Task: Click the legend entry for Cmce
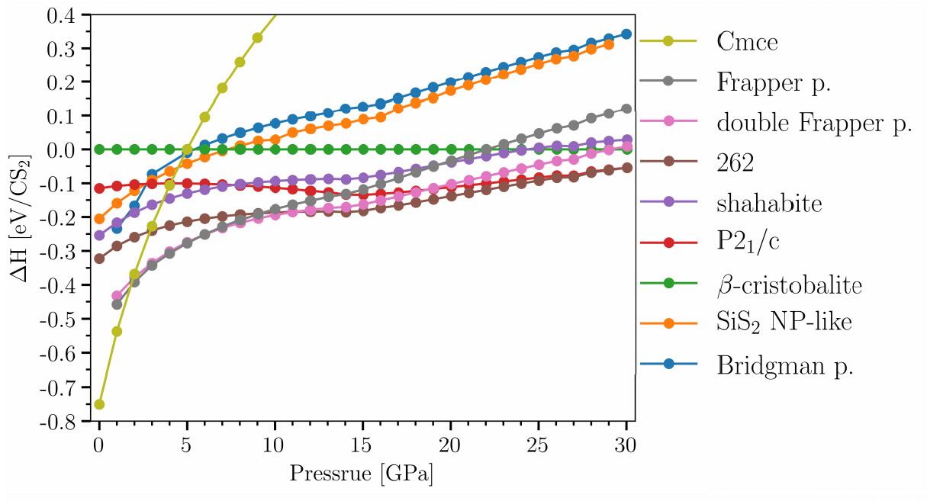(747, 42)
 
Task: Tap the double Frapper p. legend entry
(814, 124)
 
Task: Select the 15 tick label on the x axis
(363, 442)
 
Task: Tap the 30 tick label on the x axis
(626, 442)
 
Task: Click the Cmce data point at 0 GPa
(99, 404)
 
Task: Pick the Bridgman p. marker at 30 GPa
(627, 34)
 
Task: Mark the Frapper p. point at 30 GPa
(627, 109)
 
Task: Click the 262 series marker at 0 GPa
(99, 259)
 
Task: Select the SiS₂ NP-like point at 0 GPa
(99, 219)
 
